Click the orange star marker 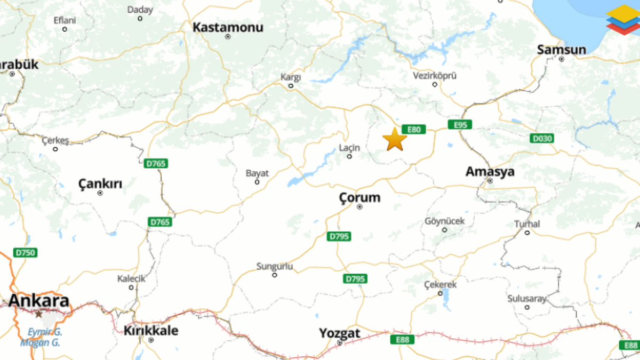coord(395,139)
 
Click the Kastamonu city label coord(228,27)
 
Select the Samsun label coord(561,50)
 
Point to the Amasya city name coord(490,172)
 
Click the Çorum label coord(360,198)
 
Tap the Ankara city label coord(38,301)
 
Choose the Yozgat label coord(340,334)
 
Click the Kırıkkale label coord(151,331)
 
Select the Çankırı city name coord(100,185)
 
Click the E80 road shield coord(414,130)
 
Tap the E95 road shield coord(460,125)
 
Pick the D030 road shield coord(542,139)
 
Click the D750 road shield coord(25,252)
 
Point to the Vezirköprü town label coord(435,76)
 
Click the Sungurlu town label coord(275,266)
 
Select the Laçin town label coord(350,148)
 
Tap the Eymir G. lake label coord(45,332)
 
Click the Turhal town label coord(527,224)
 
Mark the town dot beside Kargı coord(291,85)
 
